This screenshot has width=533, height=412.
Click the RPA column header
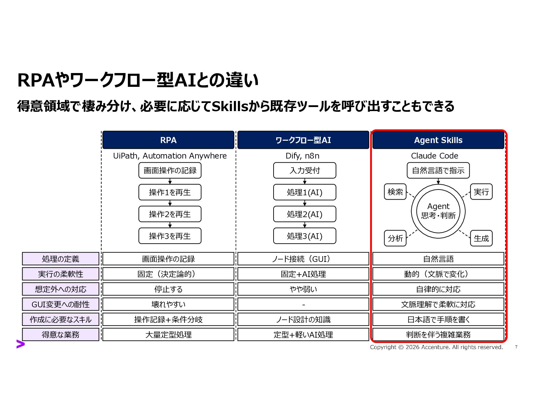pos(168,140)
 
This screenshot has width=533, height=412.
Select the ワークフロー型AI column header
pos(303,140)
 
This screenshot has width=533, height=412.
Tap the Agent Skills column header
pos(438,140)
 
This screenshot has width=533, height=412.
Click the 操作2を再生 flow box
pos(170,214)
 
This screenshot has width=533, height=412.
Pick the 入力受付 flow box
pos(305,170)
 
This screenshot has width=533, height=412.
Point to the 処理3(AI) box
pos(305,236)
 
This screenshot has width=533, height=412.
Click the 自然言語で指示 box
pos(438,170)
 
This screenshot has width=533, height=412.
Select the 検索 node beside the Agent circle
pos(395,192)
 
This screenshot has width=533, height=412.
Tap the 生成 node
pos(481,238)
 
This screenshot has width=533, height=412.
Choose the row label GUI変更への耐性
pos(61,304)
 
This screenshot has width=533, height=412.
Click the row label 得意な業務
pos(61,335)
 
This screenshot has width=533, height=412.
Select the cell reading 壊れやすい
pos(168,304)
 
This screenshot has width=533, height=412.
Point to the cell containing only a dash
pos(303,304)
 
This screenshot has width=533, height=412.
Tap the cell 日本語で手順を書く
pos(438,319)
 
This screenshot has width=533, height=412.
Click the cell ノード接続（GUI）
pos(303,259)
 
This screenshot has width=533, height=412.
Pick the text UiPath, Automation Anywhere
pos(170,156)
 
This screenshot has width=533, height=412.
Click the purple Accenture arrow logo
pos(21,344)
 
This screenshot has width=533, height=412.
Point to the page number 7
pos(516,347)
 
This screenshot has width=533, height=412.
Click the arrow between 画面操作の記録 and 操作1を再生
pos(170,181)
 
